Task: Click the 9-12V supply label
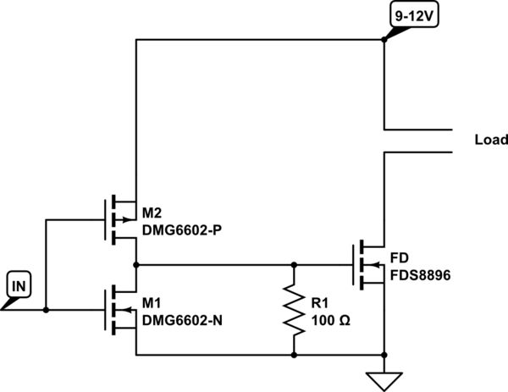[x=412, y=15]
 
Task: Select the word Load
[x=491, y=141]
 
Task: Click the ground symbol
[x=384, y=378]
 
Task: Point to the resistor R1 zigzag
[x=294, y=309]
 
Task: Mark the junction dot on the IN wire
[x=46, y=310]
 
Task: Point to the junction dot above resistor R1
[x=294, y=264]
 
